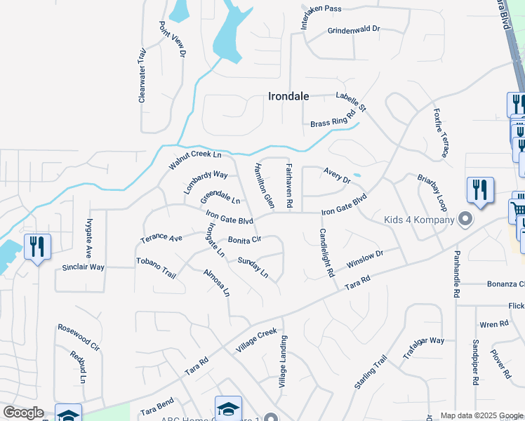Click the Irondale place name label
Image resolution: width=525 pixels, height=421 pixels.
288,97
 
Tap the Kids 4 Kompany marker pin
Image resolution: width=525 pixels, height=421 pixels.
464,220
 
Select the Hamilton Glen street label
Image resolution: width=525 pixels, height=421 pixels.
263,185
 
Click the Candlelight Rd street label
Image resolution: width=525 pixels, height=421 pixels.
326,253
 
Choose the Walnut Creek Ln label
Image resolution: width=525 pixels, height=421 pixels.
194,160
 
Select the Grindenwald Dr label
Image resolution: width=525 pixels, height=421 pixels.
353,30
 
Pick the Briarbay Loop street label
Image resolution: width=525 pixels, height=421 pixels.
432,193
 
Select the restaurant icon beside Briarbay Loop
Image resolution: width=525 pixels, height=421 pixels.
480,191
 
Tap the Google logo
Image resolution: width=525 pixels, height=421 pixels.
22,413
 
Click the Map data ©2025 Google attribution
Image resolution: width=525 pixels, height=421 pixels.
481,415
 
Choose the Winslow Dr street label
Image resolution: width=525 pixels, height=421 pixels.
365,261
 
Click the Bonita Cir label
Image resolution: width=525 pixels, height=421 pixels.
244,239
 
